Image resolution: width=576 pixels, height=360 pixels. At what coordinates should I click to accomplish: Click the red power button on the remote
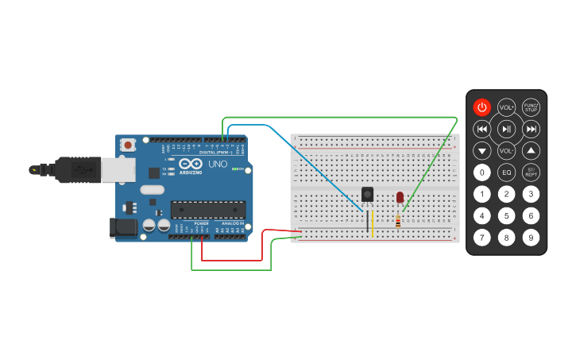tap(482, 107)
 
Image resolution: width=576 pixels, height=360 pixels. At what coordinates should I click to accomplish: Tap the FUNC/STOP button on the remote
tap(532, 107)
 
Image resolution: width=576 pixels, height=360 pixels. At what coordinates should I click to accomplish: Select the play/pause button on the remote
tap(507, 129)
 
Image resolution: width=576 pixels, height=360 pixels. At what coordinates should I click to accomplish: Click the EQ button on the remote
tap(507, 172)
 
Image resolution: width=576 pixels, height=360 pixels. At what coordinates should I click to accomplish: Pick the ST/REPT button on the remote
tap(532, 172)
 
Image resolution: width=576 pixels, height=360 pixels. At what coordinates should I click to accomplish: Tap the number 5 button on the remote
tap(507, 215)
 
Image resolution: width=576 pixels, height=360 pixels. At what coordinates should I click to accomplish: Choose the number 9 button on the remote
tap(532, 237)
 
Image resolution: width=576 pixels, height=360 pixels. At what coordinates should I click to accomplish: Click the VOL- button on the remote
tap(506, 150)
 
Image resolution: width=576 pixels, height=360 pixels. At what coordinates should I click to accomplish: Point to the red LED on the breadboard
tap(400, 196)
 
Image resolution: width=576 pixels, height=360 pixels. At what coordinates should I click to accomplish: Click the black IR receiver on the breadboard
tap(367, 194)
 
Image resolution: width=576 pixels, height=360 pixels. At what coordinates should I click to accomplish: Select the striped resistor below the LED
tap(397, 221)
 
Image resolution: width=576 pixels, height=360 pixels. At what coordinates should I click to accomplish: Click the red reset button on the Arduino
tap(128, 145)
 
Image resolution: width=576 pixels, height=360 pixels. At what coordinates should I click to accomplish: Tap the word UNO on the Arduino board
tap(218, 165)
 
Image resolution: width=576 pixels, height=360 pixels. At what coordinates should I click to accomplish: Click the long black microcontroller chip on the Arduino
tap(208, 210)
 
